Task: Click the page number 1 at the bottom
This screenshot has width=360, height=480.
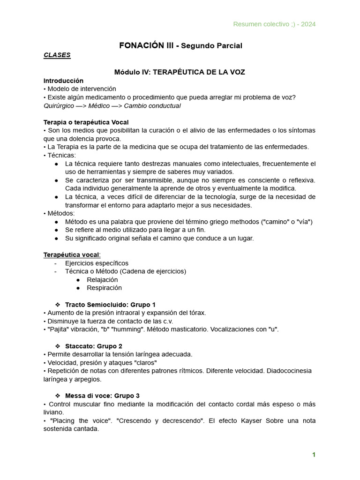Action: (x=314, y=455)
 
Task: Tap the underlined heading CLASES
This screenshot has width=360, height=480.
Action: (x=57, y=55)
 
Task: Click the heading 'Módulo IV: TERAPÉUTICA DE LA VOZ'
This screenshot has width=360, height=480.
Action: (x=180, y=72)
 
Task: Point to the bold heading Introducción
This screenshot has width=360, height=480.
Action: (x=63, y=81)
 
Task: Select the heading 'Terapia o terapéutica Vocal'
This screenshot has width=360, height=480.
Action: (x=86, y=122)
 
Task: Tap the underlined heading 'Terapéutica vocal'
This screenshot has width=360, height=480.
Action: (x=71, y=255)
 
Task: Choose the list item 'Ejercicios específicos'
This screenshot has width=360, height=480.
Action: (x=97, y=263)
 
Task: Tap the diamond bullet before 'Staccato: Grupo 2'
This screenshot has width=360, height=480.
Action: (x=58, y=346)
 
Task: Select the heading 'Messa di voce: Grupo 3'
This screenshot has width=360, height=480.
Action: (x=102, y=396)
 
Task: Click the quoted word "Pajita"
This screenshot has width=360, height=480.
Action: (x=58, y=329)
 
